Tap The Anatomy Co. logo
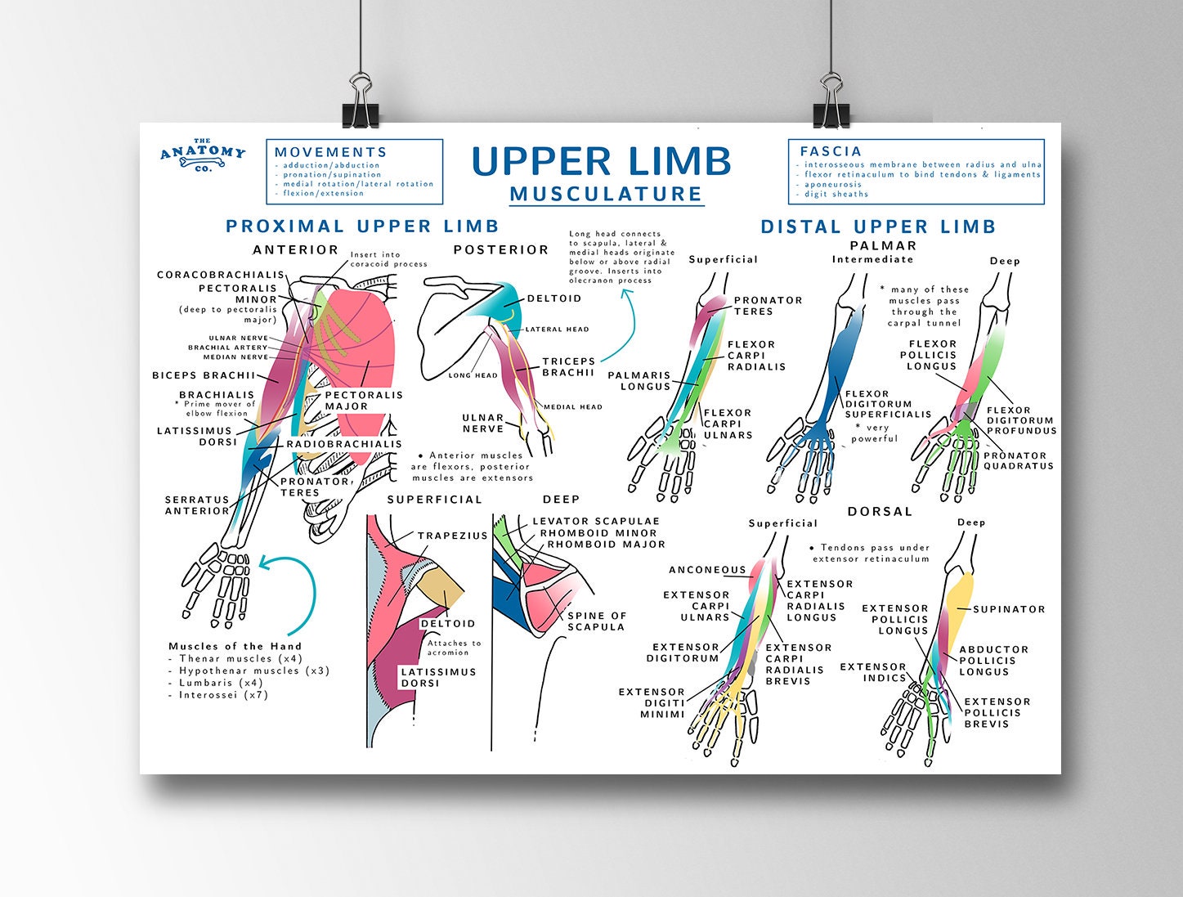coord(203,155)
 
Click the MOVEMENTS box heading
coord(330,152)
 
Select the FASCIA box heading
coord(831,151)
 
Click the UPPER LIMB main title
coord(601,161)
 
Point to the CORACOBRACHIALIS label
coord(221,275)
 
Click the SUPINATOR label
coord(1009,609)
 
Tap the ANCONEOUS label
coord(707,570)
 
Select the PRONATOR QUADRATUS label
coord(1018,461)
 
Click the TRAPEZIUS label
coord(452,536)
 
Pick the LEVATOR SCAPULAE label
coord(595,521)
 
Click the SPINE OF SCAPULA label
coord(596,621)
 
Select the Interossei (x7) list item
coord(223,695)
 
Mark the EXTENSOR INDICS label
coord(872,672)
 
